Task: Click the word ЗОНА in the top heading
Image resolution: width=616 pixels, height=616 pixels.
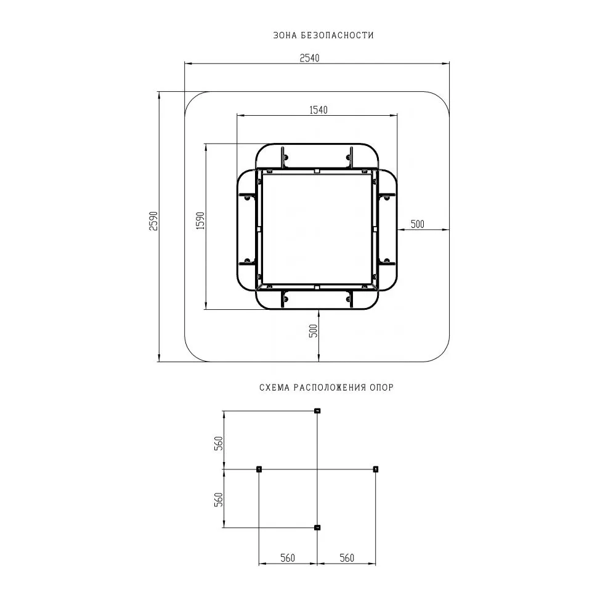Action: pyautogui.click(x=285, y=36)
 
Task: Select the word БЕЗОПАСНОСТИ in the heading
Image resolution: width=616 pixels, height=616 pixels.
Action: pyautogui.click(x=338, y=36)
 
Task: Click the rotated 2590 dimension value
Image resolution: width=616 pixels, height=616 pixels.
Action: pyautogui.click(x=154, y=221)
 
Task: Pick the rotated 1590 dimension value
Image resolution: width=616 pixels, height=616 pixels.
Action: pyautogui.click(x=200, y=221)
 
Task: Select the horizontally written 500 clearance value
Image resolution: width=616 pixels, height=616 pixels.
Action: pyautogui.click(x=418, y=224)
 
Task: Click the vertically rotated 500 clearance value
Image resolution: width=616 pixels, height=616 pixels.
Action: pyautogui.click(x=313, y=331)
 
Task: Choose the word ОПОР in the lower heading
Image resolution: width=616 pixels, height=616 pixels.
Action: pyautogui.click(x=382, y=387)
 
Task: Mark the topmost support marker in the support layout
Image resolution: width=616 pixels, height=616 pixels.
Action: pyautogui.click(x=317, y=411)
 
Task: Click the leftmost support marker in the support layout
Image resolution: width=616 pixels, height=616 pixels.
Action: pyautogui.click(x=259, y=469)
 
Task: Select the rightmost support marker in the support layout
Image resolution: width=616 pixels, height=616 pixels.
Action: pyautogui.click(x=376, y=469)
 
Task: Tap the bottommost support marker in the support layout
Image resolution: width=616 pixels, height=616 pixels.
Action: pyautogui.click(x=317, y=527)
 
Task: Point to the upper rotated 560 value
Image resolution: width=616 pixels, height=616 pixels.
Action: pyautogui.click(x=218, y=444)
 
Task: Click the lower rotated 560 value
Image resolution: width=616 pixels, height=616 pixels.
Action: pyautogui.click(x=218, y=499)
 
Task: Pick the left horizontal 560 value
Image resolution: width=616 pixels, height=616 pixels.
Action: pyautogui.click(x=288, y=558)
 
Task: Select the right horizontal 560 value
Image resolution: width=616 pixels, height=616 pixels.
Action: pyautogui.click(x=347, y=558)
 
